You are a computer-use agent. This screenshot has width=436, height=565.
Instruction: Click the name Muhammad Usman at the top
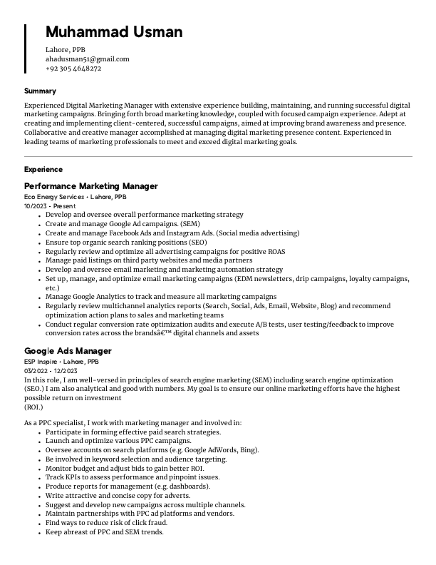click(114, 32)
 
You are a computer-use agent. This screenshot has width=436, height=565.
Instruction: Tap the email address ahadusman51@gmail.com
click(87, 59)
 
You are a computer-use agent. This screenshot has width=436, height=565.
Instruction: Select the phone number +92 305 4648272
click(73, 68)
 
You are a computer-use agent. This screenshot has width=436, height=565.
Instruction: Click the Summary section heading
click(40, 91)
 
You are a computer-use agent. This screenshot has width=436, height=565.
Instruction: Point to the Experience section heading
click(43, 170)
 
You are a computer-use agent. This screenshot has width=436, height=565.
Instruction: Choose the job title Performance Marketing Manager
click(91, 186)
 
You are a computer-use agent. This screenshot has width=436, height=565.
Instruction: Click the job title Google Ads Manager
click(68, 351)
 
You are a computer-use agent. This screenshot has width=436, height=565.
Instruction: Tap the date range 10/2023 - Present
click(50, 205)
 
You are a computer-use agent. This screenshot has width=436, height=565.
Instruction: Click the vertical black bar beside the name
click(26, 48)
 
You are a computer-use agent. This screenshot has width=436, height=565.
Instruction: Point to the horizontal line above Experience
click(218, 156)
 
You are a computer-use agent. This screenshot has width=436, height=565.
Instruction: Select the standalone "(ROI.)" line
click(34, 407)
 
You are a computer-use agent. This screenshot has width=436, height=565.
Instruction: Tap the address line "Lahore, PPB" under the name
click(66, 50)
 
